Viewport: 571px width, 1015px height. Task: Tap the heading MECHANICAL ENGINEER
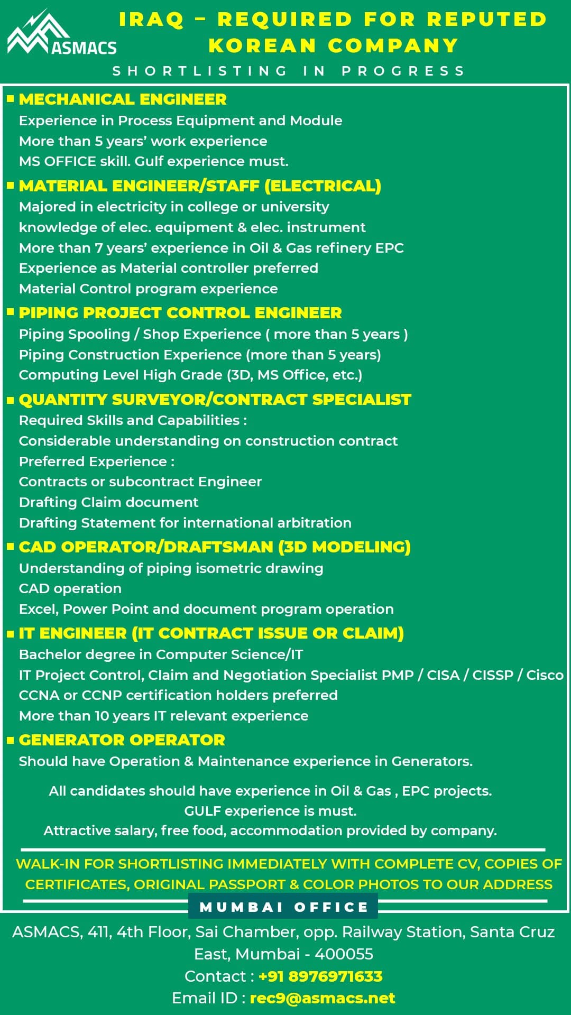point(123,99)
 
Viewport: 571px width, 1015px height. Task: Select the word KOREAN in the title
point(262,46)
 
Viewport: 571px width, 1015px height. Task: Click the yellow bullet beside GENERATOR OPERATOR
point(10,740)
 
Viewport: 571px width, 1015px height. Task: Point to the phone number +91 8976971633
point(320,976)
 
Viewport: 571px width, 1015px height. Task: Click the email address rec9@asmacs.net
point(322,998)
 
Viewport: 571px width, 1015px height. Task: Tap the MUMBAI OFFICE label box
point(283,907)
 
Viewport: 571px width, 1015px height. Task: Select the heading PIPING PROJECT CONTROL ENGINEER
point(180,313)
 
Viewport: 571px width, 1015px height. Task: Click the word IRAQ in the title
point(151,20)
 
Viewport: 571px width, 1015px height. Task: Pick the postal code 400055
point(344,954)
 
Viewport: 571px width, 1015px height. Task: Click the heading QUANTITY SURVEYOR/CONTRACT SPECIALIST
point(215,400)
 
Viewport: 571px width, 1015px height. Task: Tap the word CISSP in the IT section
point(492,675)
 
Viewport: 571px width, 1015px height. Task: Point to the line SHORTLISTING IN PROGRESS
point(289,71)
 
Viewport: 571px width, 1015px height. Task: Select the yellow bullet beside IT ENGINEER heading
point(10,633)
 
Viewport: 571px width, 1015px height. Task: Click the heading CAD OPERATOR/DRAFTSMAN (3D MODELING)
point(215,547)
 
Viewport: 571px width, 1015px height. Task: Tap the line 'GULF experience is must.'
point(270,811)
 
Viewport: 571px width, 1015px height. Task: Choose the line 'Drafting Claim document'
point(108,502)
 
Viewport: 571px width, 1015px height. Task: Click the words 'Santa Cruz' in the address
point(512,932)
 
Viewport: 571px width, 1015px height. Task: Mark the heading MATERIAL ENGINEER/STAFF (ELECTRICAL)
point(200,186)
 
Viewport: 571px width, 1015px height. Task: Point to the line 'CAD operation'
point(70,588)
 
